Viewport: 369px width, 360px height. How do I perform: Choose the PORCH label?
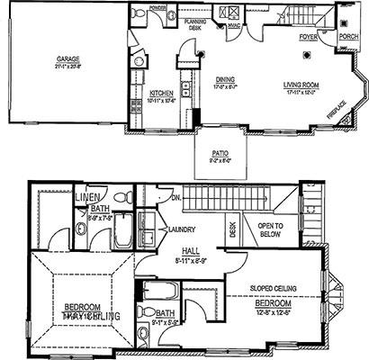348,38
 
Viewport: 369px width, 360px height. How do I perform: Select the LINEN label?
86,196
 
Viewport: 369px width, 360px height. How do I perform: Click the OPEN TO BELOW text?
271,229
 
